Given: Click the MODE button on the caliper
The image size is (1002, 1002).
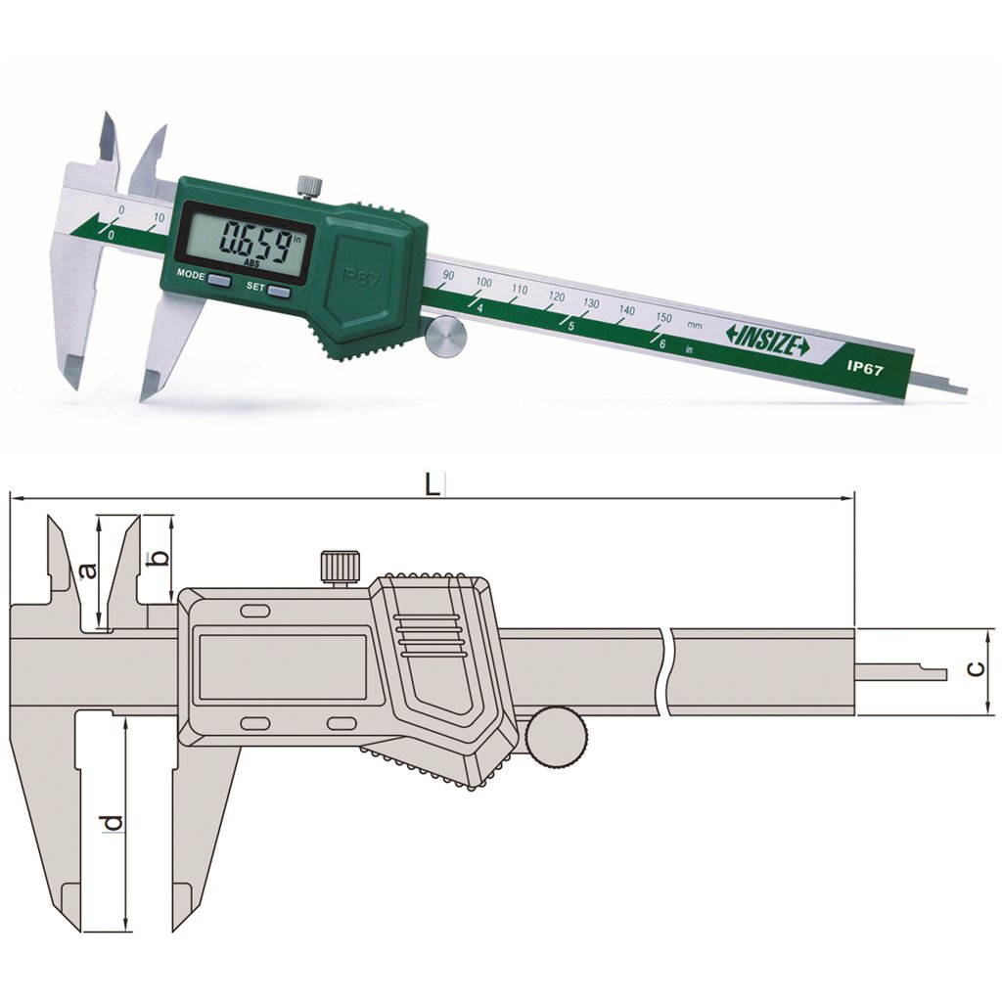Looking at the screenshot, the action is coord(220,280).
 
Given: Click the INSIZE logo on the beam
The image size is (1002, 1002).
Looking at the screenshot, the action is coord(767,340).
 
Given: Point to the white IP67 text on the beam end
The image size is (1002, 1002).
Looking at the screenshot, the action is coord(865,369).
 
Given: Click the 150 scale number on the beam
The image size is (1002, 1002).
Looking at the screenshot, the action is coord(663,318).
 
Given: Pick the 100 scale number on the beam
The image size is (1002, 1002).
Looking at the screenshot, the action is coord(483,282).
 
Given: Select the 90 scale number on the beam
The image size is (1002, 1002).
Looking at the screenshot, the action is coord(448,275).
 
